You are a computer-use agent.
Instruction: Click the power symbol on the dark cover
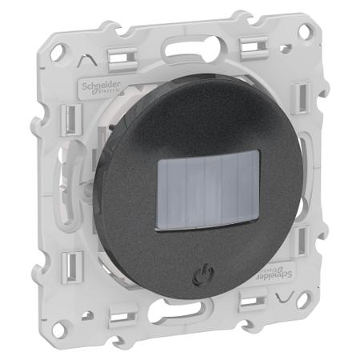coord(198,280)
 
